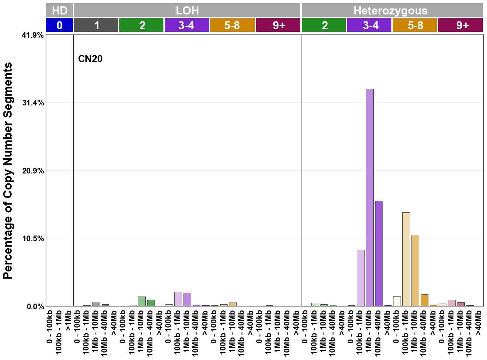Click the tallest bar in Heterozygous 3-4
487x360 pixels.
pos(369,197)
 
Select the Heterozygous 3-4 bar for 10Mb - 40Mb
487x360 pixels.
pos(379,254)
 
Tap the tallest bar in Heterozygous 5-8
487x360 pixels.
pos(406,259)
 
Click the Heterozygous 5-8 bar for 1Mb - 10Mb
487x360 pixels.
pos(415,270)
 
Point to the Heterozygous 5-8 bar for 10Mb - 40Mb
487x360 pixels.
pos(424,300)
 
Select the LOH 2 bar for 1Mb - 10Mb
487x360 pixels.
pos(142,301)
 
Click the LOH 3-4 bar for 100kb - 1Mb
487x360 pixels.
pos(178,299)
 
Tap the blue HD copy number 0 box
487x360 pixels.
pos(59,25)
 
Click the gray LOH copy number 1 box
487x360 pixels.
pos(96,25)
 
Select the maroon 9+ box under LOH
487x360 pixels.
pos(278,25)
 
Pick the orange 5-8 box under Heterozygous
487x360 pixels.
pos(415,25)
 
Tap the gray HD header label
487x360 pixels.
pos(59,11)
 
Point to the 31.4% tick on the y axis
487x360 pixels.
pos(33,103)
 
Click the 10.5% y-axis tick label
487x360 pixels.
pos(33,239)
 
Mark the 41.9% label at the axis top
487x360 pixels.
pos(33,35)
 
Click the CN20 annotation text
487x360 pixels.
pos(90,59)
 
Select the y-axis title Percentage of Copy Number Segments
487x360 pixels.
pos(8,171)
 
